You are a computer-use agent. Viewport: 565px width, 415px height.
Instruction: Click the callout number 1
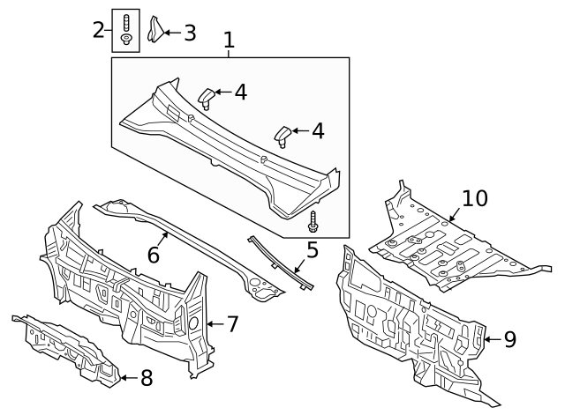(x=230, y=41)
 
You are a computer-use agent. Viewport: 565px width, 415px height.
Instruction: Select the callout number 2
(x=98, y=30)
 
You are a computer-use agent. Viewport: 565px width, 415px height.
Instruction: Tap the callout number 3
(x=190, y=33)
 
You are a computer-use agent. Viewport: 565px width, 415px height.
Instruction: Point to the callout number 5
(x=313, y=250)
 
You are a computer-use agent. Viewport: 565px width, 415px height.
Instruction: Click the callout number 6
(x=154, y=255)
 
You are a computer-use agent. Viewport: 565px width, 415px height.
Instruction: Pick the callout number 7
(x=232, y=324)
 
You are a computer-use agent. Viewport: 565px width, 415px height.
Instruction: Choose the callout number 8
(x=147, y=378)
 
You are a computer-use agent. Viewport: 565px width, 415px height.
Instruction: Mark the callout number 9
(x=510, y=339)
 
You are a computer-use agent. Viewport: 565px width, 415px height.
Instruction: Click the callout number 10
(x=475, y=198)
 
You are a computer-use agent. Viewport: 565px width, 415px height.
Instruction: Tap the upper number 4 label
(x=241, y=92)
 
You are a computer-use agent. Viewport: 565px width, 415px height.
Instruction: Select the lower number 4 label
(x=318, y=131)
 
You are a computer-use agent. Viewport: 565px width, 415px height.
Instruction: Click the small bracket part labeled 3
(x=155, y=29)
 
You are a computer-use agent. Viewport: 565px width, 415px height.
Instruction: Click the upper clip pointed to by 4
(x=207, y=98)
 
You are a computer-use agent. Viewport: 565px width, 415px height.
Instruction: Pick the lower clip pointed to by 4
(x=282, y=137)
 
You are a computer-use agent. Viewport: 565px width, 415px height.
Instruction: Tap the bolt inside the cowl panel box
(x=313, y=221)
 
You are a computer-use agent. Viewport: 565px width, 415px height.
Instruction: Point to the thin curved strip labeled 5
(x=280, y=263)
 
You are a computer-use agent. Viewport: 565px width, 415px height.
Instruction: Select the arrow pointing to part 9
(x=493, y=339)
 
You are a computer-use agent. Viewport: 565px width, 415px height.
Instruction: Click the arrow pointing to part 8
(x=129, y=378)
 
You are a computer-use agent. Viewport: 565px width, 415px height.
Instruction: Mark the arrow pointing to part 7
(x=215, y=324)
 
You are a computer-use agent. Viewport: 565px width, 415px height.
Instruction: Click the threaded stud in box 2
(x=125, y=24)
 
